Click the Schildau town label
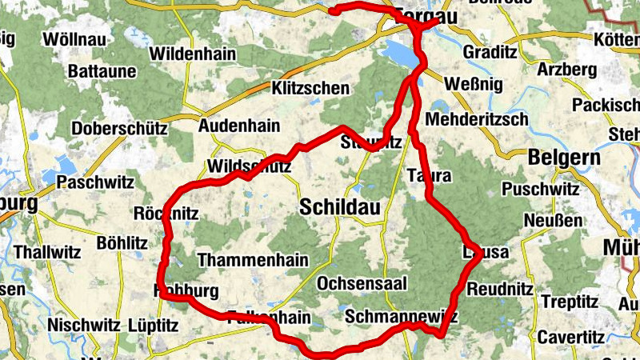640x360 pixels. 340,207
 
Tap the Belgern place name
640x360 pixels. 564,158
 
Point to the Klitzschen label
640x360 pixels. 310,88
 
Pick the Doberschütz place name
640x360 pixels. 119,128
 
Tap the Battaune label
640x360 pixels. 102,71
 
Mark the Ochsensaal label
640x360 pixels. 362,283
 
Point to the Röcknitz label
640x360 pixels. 166,214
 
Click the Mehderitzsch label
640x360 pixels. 478,119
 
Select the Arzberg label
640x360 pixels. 567,70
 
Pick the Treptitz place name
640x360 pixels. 570,302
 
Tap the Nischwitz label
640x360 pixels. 82,326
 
